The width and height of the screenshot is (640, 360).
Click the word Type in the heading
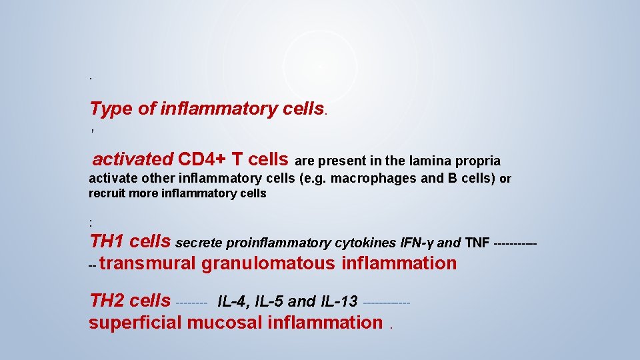[x=111, y=109]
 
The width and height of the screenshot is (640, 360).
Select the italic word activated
[x=133, y=159]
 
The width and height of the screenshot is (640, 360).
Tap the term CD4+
[x=202, y=159]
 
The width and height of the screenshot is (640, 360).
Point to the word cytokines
[x=359, y=243]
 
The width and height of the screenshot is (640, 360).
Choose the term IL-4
[x=233, y=301]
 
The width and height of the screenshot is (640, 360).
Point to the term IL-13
[x=337, y=301]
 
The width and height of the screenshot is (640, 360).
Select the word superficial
[x=135, y=323]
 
